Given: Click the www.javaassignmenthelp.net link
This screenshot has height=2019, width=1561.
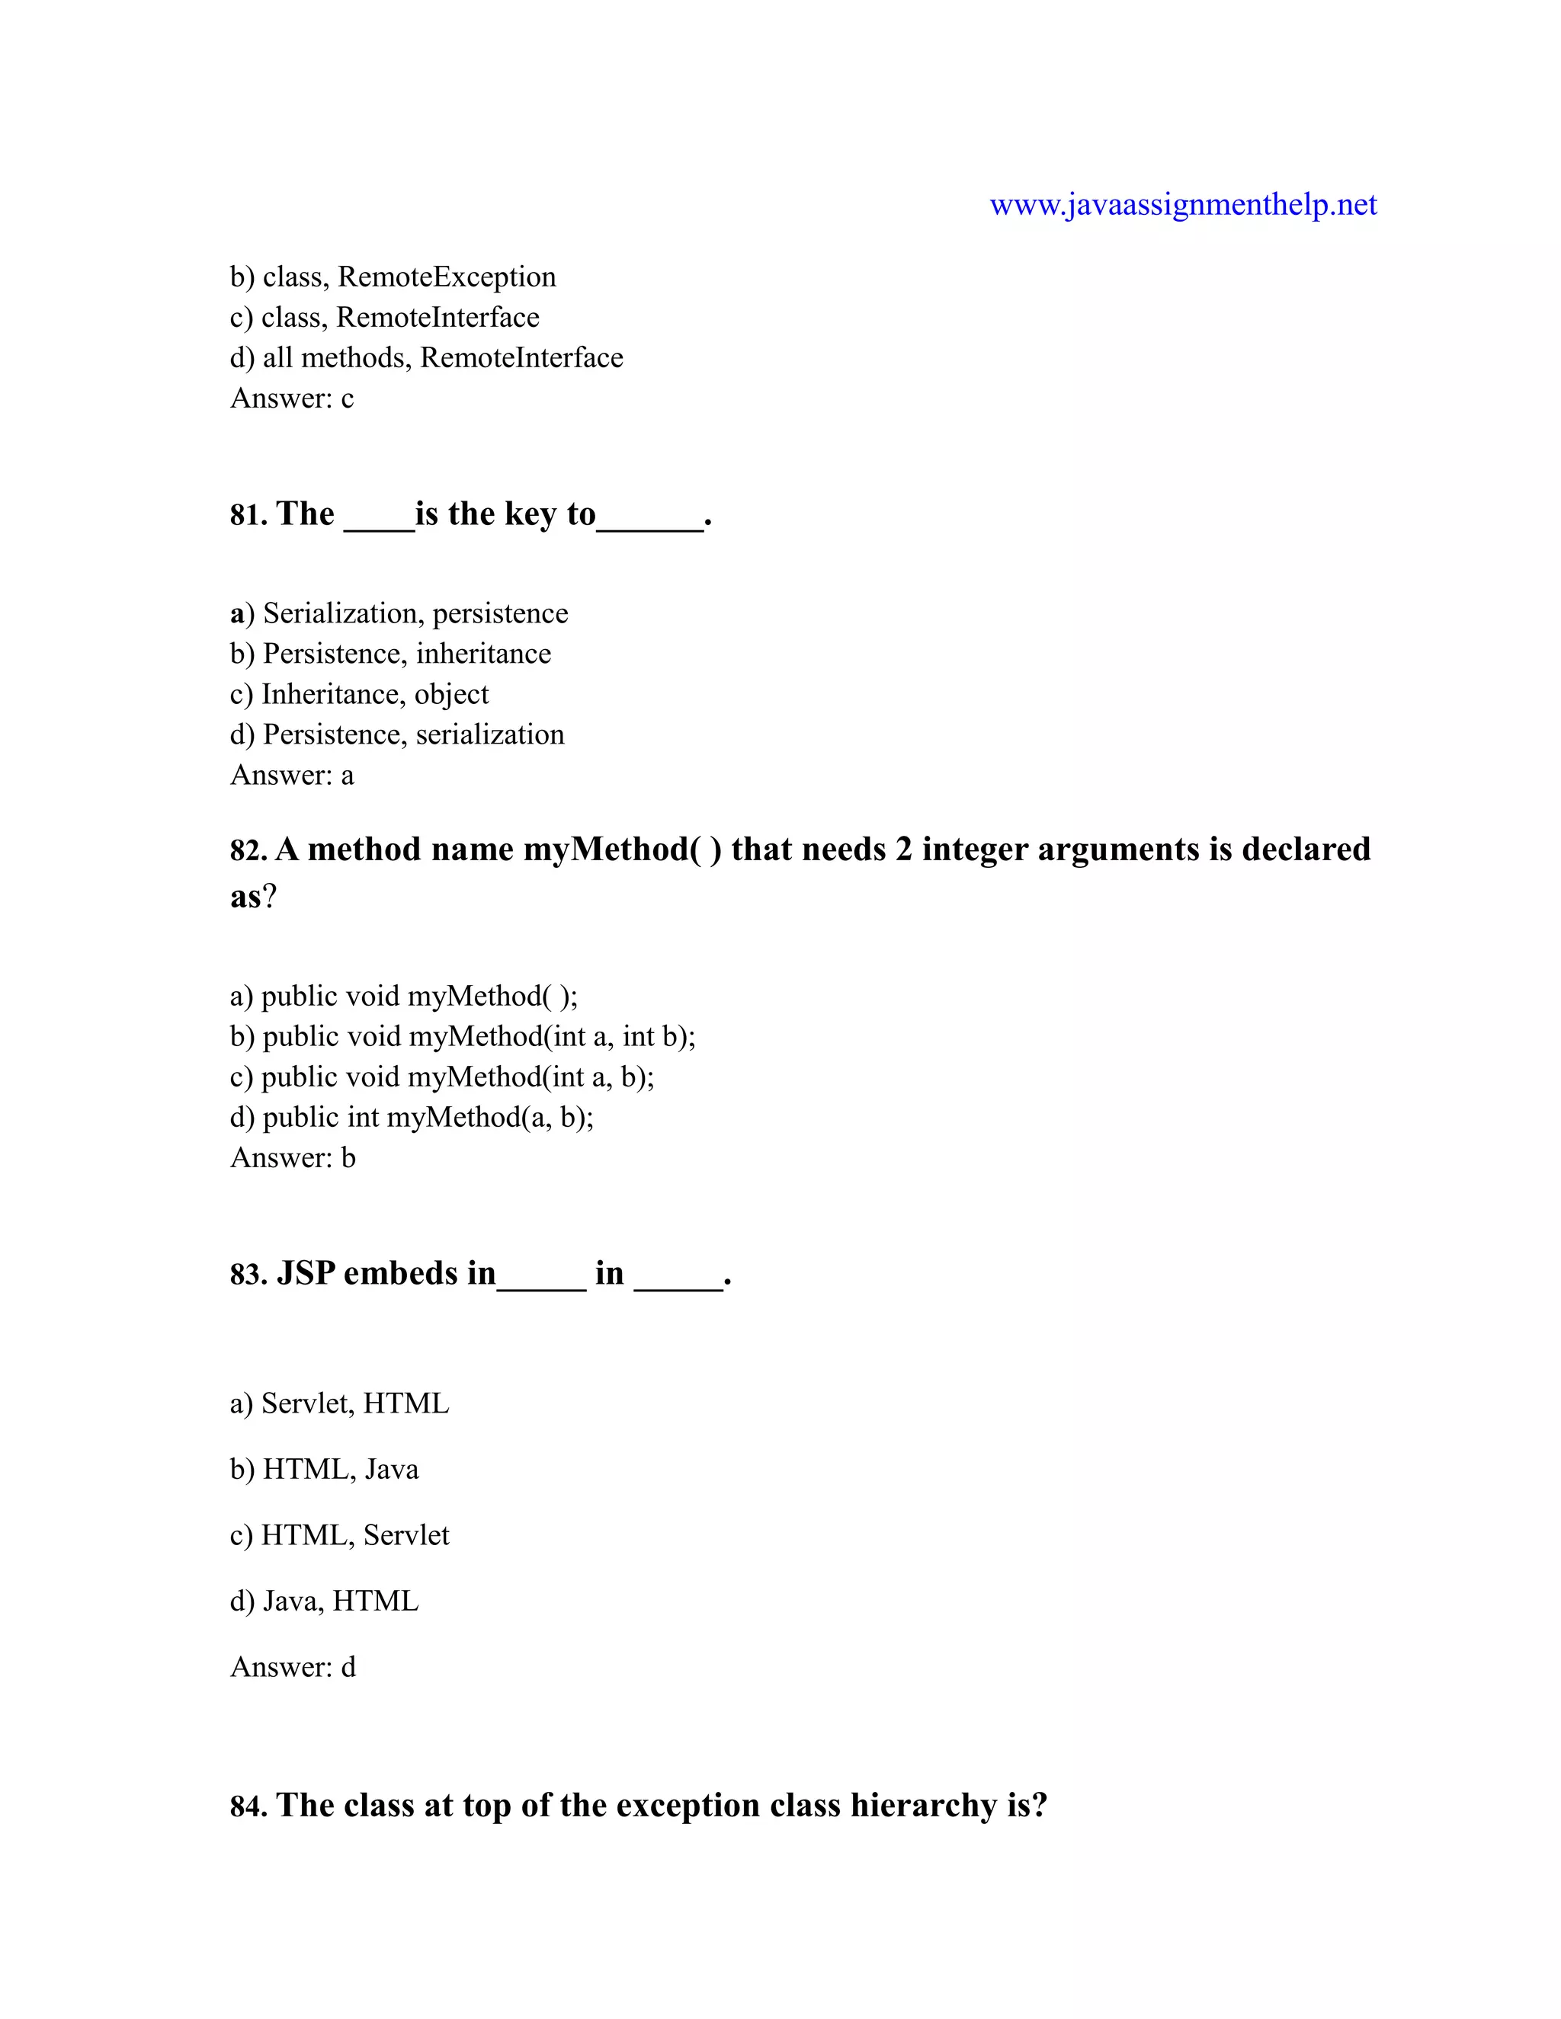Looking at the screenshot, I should coord(1183,204).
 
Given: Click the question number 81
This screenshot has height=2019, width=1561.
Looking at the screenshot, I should coord(248,515).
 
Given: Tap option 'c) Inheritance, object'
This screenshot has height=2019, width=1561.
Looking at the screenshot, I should coord(359,693).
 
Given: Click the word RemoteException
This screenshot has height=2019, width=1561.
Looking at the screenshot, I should coord(447,277).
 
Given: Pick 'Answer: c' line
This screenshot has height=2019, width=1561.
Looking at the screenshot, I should coord(291,398).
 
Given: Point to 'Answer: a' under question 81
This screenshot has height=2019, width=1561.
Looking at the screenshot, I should coord(291,775).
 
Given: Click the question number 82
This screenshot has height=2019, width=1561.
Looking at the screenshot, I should coord(248,850).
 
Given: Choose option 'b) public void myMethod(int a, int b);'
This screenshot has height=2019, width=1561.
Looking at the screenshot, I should coord(463,1036).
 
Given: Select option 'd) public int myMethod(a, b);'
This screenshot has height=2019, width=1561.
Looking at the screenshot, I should coord(412,1117).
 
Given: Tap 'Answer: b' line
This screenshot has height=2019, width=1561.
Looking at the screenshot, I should coord(292,1157).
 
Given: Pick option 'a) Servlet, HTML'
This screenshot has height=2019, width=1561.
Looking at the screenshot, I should coord(339,1403).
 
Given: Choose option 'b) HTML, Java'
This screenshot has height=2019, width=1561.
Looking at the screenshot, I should coord(324,1469).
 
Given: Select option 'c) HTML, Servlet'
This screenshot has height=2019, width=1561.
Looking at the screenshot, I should coord(339,1534).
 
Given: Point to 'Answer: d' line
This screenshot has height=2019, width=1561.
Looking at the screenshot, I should coord(292,1667).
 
